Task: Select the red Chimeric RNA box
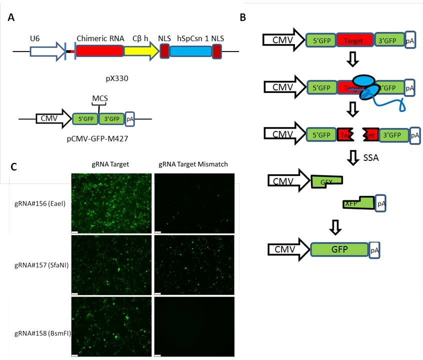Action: pyautogui.click(x=99, y=51)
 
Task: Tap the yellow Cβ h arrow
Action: pyautogui.click(x=140, y=51)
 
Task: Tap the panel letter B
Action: pyautogui.click(x=243, y=17)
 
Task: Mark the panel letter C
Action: pyautogui.click(x=14, y=165)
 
